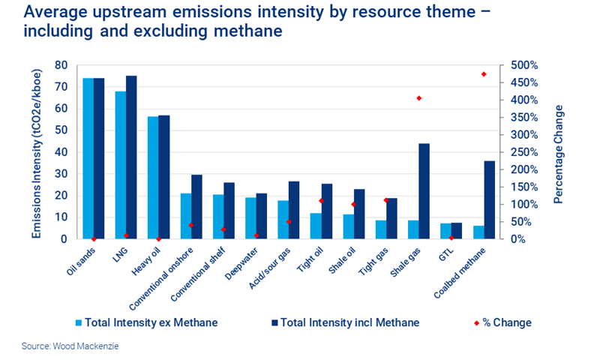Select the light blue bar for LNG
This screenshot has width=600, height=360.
tap(120, 165)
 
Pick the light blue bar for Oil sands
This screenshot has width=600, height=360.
tap(88, 158)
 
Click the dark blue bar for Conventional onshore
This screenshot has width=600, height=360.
tap(196, 206)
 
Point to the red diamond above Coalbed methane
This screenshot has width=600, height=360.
tap(484, 74)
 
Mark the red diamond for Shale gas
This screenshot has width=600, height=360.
tap(418, 98)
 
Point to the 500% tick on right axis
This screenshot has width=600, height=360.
tap(519, 65)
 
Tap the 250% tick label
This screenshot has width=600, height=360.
tap(519, 152)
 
